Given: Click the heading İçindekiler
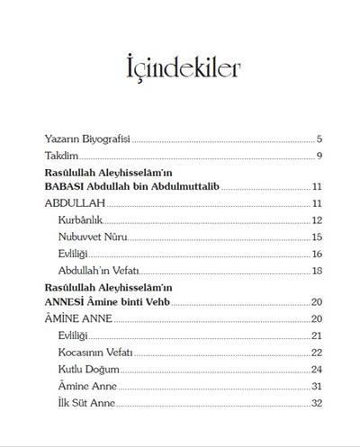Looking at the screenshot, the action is (179, 67).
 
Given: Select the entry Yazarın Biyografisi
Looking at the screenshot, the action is (88, 139).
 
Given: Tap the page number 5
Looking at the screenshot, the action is (319, 139).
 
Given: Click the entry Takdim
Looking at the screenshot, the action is (60, 156).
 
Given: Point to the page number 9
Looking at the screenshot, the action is (319, 156).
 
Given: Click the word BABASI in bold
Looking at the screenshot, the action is (65, 186).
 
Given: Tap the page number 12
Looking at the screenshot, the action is (317, 220).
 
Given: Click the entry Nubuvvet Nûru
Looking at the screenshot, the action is (93, 237).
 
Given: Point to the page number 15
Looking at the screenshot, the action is (317, 237).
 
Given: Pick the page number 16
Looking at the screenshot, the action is (317, 254).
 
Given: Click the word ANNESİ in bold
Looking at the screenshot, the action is (65, 301).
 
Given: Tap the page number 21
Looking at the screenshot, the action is (317, 335).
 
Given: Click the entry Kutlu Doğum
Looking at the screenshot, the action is (88, 369).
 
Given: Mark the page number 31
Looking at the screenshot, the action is (317, 386).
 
